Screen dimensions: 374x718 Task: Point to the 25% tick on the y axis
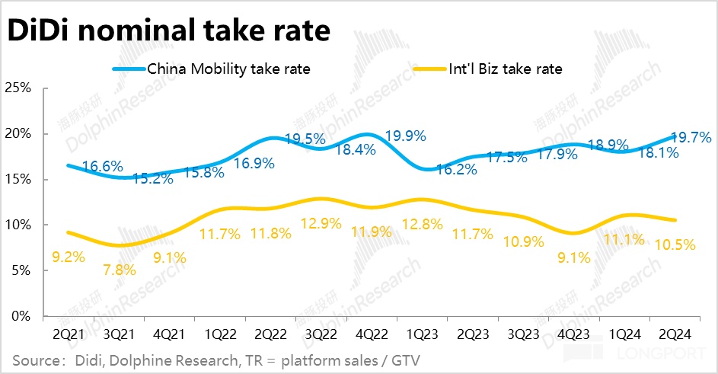(x=18, y=88)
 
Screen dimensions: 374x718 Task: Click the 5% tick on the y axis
(x=21, y=270)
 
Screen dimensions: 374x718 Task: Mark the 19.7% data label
(x=691, y=138)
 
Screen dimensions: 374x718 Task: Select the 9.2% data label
(x=68, y=257)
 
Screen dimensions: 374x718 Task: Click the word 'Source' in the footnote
(x=36, y=359)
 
